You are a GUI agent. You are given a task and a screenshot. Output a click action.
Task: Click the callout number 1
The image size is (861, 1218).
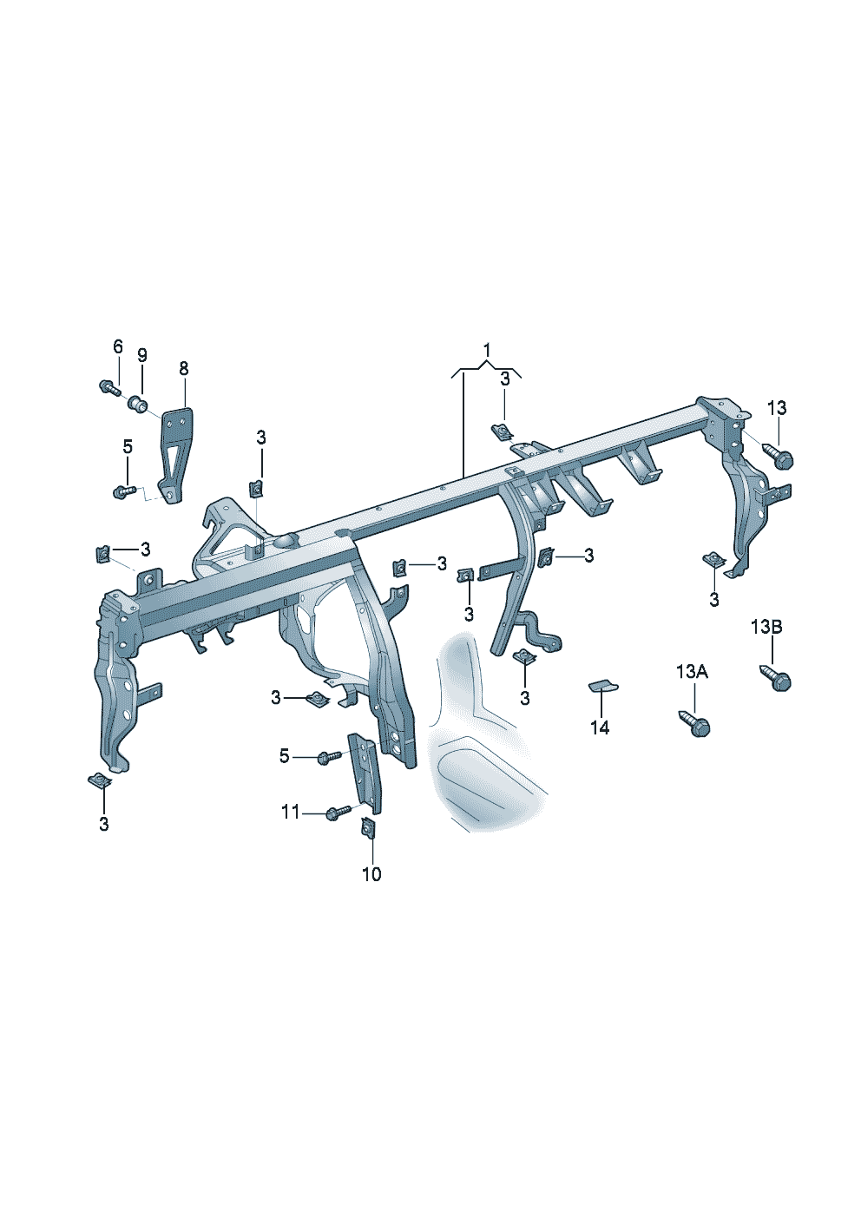(x=487, y=350)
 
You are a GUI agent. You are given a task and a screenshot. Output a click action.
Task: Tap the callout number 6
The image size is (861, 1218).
(x=118, y=346)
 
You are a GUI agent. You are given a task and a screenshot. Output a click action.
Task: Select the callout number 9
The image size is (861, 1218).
(x=141, y=355)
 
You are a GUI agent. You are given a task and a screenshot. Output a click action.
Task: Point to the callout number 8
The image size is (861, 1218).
(x=183, y=368)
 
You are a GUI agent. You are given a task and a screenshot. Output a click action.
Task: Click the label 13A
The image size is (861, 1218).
(x=692, y=671)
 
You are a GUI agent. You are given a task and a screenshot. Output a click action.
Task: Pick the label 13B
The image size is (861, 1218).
(x=766, y=627)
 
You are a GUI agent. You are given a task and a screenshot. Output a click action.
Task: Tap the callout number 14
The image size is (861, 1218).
(x=600, y=728)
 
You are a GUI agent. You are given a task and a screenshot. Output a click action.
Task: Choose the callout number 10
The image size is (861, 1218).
(x=371, y=874)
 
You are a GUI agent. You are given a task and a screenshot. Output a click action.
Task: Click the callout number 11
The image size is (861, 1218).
(x=290, y=813)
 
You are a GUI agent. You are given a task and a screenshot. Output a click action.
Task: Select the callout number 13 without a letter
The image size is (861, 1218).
(x=776, y=408)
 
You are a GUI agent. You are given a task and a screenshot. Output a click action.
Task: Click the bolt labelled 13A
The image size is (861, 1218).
(x=696, y=722)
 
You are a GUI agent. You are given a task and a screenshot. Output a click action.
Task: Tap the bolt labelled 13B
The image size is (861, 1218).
(x=777, y=678)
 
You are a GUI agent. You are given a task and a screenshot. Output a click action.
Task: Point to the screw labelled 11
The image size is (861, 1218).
(x=338, y=813)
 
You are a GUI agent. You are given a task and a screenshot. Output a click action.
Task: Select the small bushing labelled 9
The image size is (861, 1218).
(x=136, y=403)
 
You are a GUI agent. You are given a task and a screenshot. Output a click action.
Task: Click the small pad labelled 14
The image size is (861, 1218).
(x=603, y=687)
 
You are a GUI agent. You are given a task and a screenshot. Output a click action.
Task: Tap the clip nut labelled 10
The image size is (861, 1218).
(x=368, y=828)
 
